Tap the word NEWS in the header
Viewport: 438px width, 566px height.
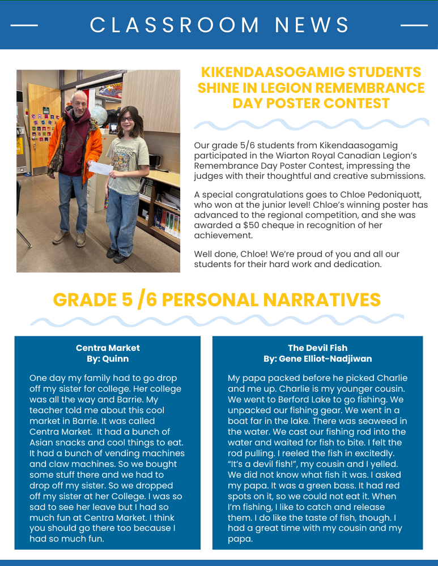click(x=312, y=25)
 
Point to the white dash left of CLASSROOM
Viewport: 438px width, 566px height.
click(x=24, y=25)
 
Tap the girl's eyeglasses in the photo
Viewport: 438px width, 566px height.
click(x=127, y=120)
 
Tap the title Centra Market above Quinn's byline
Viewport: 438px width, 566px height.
click(x=108, y=348)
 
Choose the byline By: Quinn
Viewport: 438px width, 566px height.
click(x=108, y=359)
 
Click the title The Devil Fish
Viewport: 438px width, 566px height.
click(x=317, y=348)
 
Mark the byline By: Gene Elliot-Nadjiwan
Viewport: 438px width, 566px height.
click(x=317, y=359)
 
